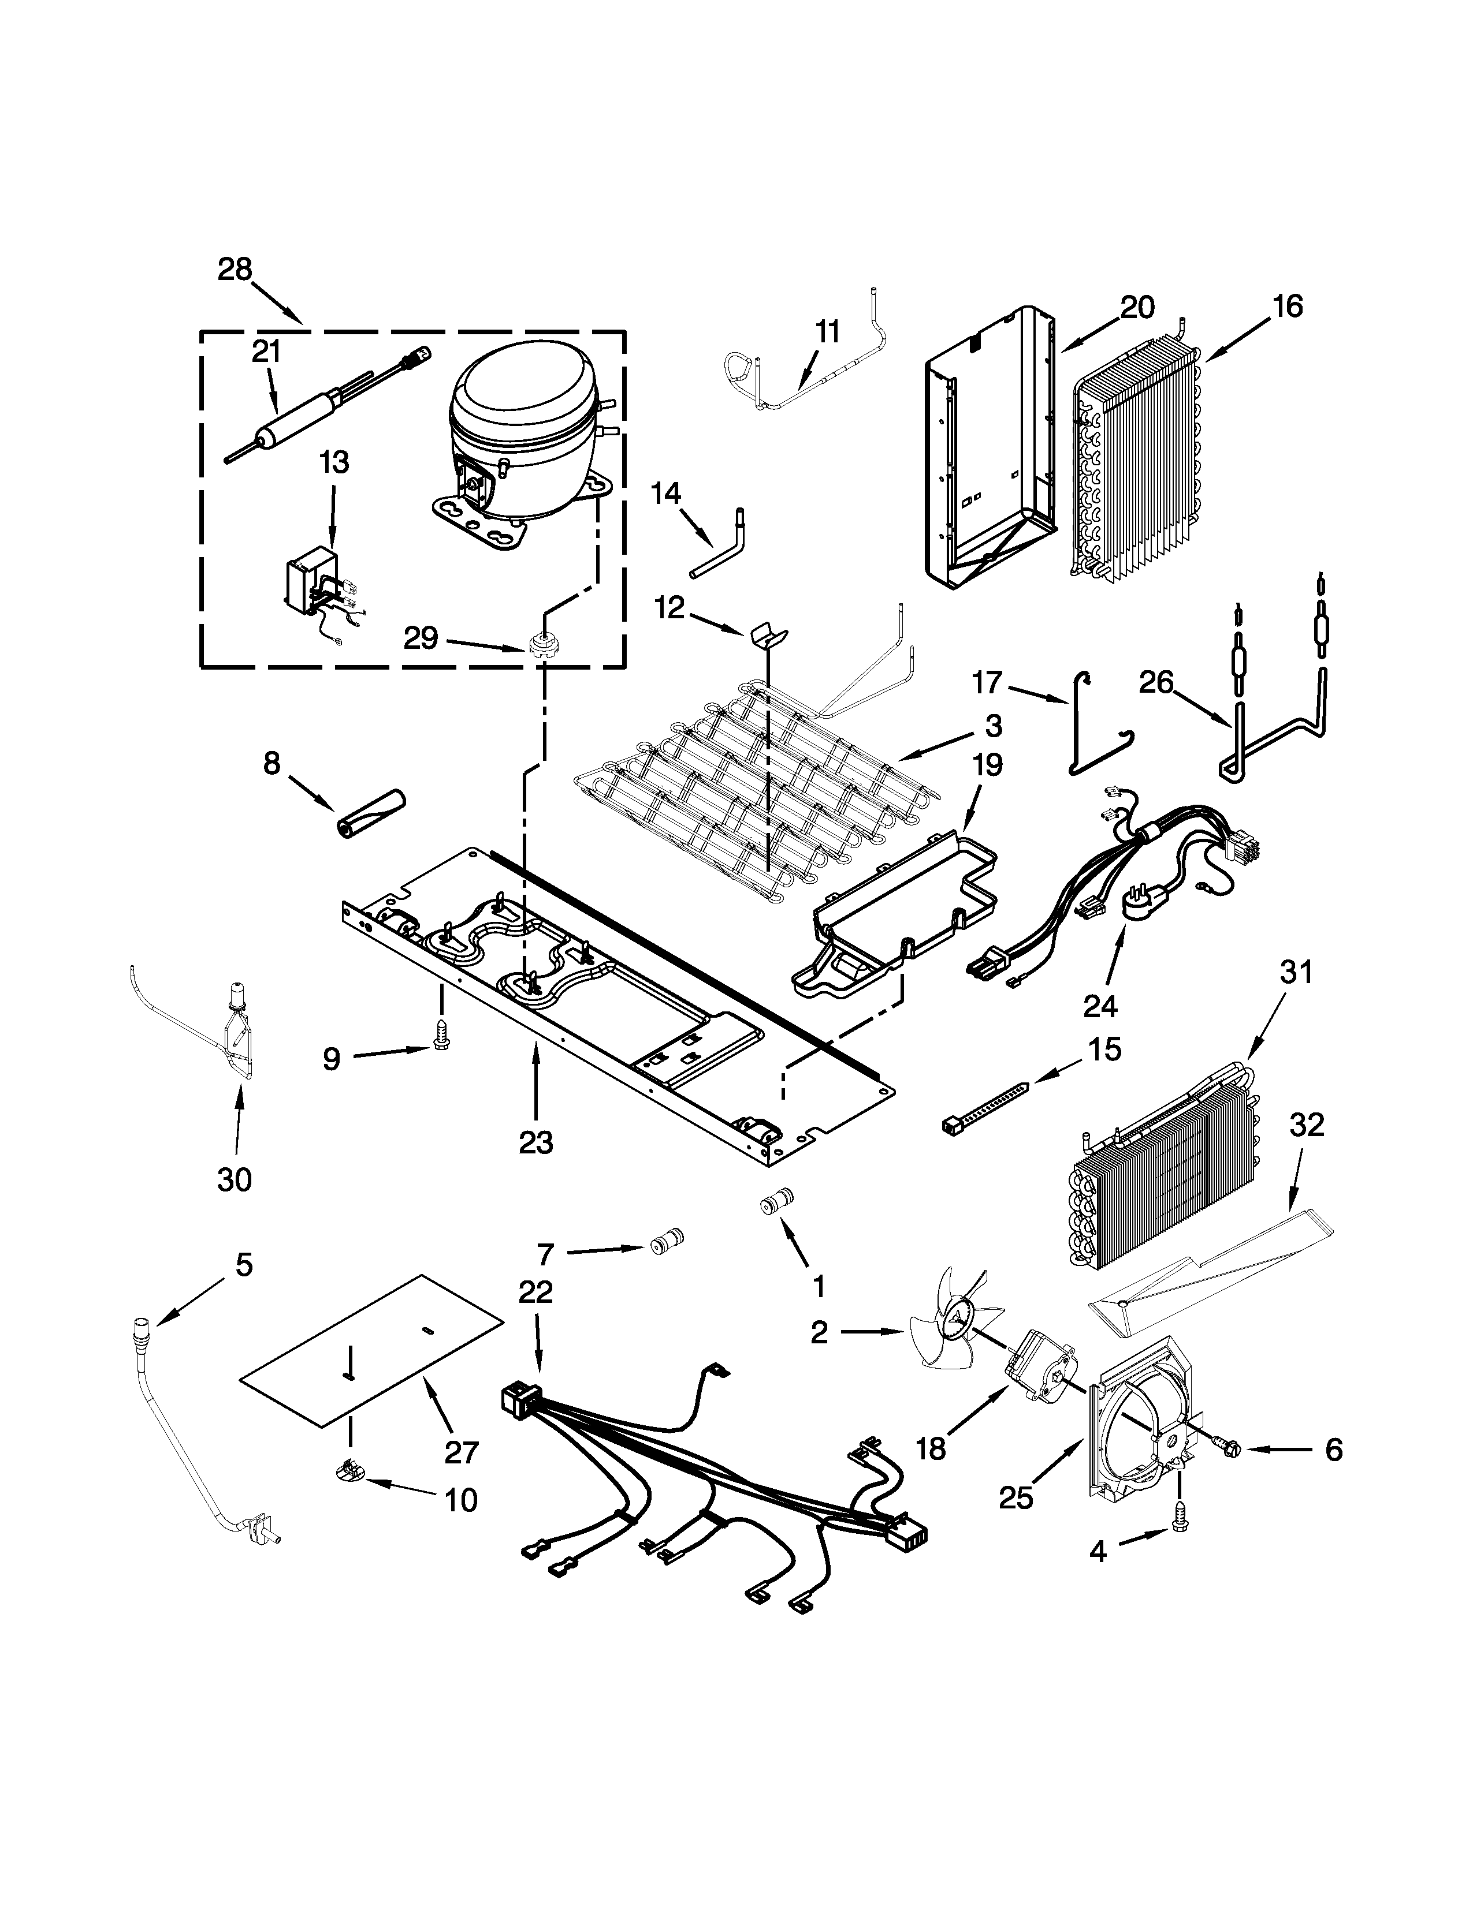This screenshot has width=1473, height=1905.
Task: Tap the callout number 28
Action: (x=234, y=270)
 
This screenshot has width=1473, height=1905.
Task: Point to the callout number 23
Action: (x=536, y=1142)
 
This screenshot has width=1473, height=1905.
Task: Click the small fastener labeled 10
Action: (x=349, y=1473)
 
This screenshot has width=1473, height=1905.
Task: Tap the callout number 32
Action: (x=1305, y=1125)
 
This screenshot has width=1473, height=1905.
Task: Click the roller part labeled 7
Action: (x=668, y=1241)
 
